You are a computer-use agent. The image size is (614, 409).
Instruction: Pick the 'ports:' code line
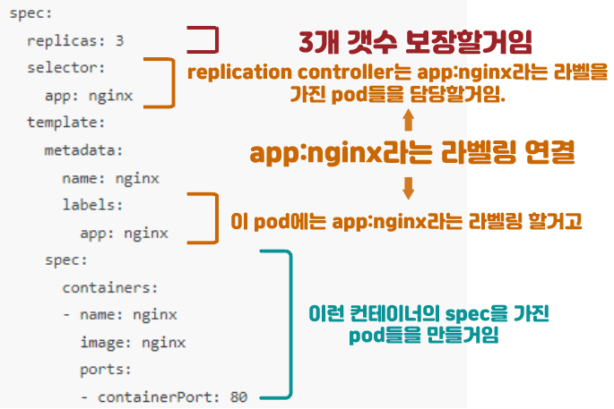point(106,369)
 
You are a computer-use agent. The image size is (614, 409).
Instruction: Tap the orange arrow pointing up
point(408,120)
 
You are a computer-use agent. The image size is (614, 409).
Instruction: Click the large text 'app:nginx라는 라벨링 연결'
point(412,153)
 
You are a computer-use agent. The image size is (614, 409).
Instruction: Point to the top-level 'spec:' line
point(31,14)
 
